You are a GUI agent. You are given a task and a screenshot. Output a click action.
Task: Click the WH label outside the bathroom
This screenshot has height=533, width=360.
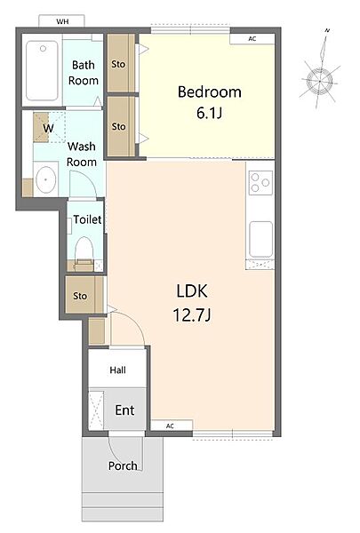click(62, 21)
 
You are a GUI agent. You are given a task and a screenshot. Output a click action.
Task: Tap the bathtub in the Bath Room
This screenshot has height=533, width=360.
click(42, 71)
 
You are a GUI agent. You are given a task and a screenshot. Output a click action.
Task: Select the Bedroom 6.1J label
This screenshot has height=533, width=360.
click(209, 102)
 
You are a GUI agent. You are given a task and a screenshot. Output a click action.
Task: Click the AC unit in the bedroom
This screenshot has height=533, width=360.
click(252, 39)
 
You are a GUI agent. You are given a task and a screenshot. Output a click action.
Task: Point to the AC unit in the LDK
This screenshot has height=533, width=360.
click(172, 426)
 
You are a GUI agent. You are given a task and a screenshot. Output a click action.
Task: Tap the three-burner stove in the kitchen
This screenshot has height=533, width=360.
click(260, 182)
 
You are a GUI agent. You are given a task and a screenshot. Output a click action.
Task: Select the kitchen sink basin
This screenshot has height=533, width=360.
click(261, 239)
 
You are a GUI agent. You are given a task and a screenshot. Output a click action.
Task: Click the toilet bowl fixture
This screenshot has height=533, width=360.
click(84, 249)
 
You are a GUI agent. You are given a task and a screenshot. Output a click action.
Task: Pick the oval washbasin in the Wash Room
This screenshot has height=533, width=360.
click(46, 179)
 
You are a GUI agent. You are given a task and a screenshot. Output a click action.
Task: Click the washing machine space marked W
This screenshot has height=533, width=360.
click(48, 127)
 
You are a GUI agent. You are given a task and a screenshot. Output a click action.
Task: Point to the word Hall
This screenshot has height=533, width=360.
click(117, 370)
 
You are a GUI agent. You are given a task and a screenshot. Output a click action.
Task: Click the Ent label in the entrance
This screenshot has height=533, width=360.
click(124, 410)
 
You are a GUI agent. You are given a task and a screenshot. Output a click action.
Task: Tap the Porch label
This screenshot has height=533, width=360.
click(123, 465)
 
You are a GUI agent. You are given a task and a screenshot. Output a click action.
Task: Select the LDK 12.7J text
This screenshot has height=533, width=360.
click(192, 303)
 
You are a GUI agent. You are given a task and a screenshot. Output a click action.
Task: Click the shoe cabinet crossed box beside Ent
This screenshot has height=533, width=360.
click(96, 410)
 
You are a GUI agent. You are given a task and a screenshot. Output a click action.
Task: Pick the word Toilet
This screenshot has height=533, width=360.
click(87, 219)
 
